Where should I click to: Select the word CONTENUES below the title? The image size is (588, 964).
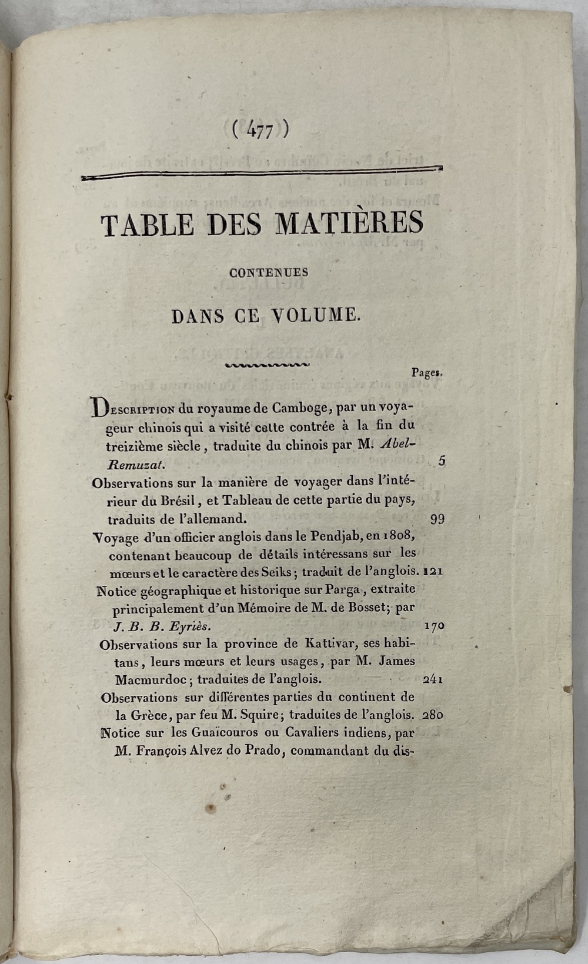pos(269,273)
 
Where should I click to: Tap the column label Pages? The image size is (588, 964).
pos(427,372)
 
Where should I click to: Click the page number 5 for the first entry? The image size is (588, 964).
pos(441,462)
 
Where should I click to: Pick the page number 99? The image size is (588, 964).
pos(437,519)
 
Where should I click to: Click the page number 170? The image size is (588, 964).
pos(434,626)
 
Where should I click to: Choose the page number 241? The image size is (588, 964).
pos(433,679)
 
